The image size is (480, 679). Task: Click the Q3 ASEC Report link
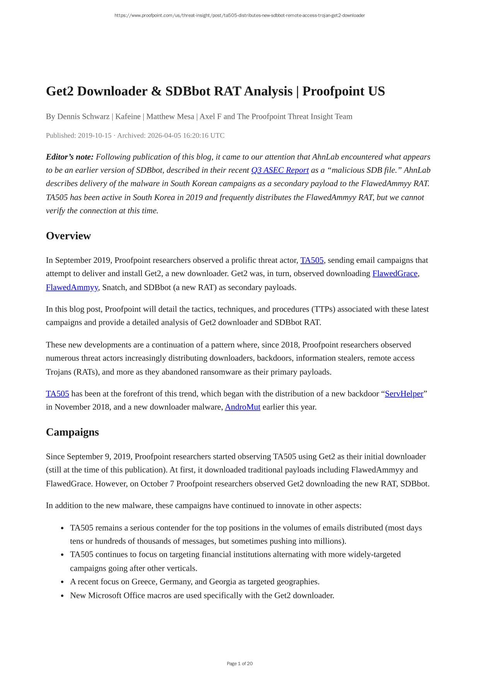click(280, 170)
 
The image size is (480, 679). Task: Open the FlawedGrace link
click(395, 273)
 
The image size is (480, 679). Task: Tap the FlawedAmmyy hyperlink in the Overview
click(72, 287)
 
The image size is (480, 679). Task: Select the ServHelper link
click(404, 394)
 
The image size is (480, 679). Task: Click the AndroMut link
click(242, 407)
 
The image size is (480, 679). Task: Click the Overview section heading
click(68, 236)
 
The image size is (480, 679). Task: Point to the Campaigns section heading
click(72, 432)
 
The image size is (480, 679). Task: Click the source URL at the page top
click(240, 15)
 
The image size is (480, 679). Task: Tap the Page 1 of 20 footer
click(240, 664)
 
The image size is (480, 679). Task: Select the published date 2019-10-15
click(95, 135)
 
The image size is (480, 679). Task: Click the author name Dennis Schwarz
click(83, 116)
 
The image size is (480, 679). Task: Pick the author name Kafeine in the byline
click(128, 116)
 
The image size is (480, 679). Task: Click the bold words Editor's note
click(70, 157)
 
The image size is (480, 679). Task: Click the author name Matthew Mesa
click(170, 116)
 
